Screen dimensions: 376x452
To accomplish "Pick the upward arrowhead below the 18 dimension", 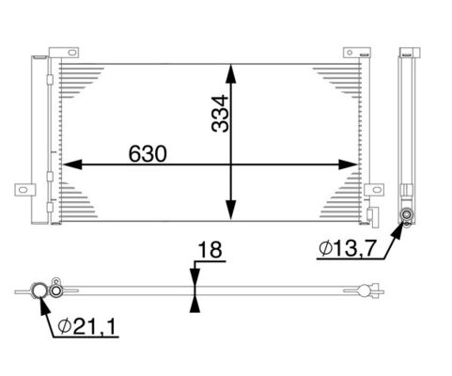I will [x=194, y=301].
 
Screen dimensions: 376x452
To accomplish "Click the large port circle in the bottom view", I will [x=40, y=290].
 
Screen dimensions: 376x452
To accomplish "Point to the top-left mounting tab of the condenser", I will [x=61, y=53].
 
